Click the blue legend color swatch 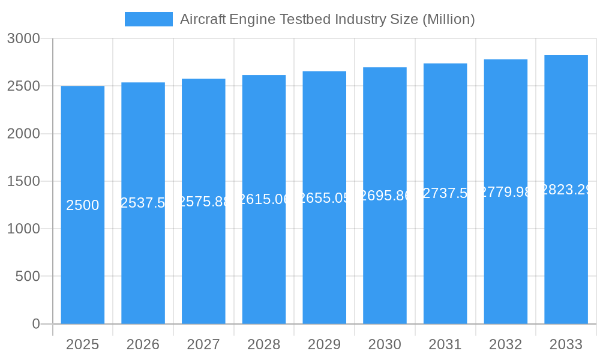(x=148, y=19)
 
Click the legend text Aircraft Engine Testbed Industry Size (x=327, y=19)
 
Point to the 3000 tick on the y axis (x=23, y=38)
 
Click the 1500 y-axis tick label (x=23, y=181)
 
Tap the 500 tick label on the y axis (x=28, y=277)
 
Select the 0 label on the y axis (x=35, y=324)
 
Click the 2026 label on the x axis (x=143, y=344)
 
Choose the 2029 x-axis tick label (x=324, y=344)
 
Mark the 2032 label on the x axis (x=505, y=344)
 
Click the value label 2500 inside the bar (x=83, y=205)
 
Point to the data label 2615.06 (x=264, y=199)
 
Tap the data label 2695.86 (x=385, y=196)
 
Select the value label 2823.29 (x=566, y=190)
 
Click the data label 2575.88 (x=203, y=202)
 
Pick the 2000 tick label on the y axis (x=23, y=134)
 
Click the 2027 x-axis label (x=203, y=344)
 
